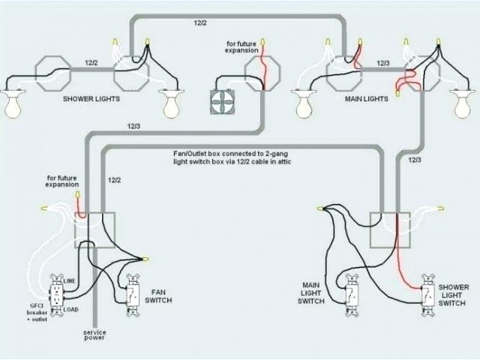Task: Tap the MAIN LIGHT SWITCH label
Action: [x=313, y=293]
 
